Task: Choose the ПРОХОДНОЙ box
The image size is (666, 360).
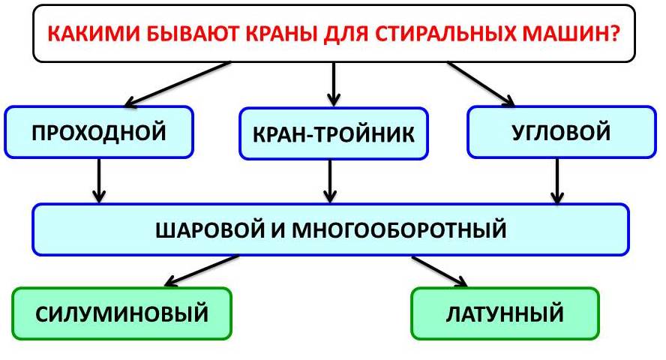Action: click(99, 133)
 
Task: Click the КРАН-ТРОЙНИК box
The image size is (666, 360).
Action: click(334, 134)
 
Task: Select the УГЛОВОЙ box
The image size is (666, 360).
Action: click(560, 133)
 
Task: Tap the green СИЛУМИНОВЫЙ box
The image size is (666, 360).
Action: click(121, 313)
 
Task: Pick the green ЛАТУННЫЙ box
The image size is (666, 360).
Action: click(505, 313)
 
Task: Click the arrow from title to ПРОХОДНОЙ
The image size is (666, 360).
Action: click(175, 84)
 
